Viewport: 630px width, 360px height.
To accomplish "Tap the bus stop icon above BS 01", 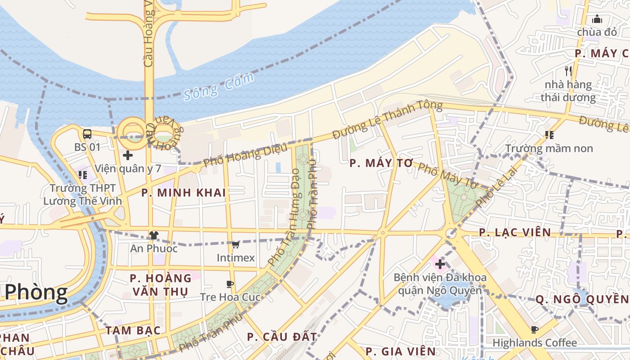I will tap(87, 134).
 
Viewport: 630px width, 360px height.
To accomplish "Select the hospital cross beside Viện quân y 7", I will tap(128, 155).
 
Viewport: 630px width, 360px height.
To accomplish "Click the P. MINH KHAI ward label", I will tap(184, 193).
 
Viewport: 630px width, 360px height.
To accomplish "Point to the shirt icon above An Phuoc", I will tap(154, 235).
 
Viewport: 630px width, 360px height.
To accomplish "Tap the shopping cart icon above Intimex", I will tap(235, 245).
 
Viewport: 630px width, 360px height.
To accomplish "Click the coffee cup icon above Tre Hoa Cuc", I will tap(230, 284).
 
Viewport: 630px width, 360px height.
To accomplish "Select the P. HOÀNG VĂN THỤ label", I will tap(161, 285).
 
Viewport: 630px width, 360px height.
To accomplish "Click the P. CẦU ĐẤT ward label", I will tap(282, 337).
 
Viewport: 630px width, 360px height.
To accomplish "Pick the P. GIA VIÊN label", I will tap(400, 351).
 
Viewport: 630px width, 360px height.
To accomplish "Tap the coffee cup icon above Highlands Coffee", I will tap(535, 330).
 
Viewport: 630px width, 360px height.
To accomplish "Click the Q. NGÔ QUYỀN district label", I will tap(582, 299).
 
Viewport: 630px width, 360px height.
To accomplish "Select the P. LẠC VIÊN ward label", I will tap(515, 232).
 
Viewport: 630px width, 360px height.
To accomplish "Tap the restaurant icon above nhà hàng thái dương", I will tap(568, 71).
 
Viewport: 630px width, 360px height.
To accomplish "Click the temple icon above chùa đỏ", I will tap(597, 19).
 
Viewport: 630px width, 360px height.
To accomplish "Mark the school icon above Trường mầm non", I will tap(549, 135).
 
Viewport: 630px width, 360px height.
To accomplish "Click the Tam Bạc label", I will tap(133, 330).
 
